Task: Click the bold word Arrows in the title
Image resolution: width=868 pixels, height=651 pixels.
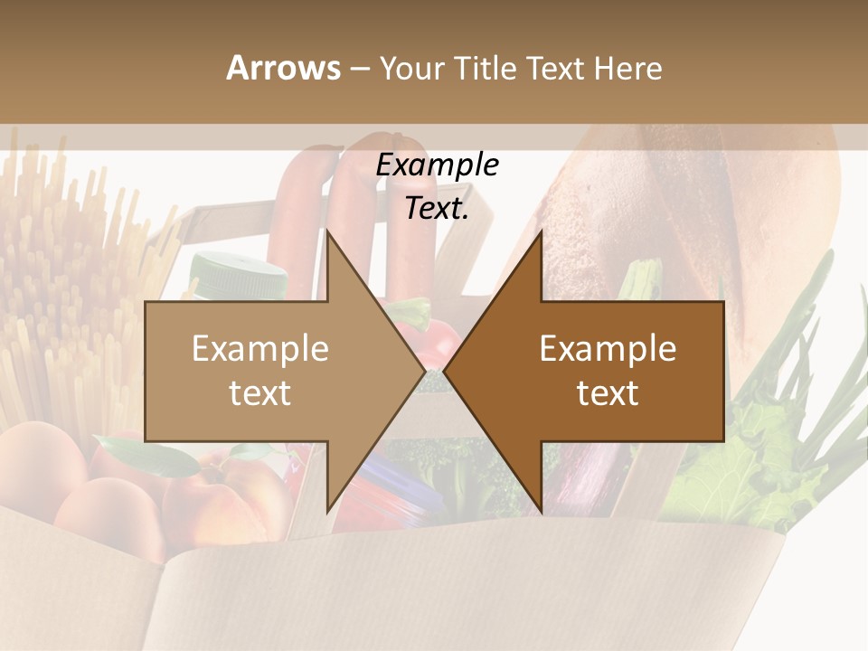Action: tap(283, 68)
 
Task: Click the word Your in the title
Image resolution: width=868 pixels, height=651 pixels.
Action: tap(410, 68)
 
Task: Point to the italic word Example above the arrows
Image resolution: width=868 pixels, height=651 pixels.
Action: tap(437, 165)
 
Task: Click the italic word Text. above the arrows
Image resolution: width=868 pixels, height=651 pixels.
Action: tap(437, 208)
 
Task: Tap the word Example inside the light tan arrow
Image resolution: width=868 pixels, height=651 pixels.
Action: tap(259, 348)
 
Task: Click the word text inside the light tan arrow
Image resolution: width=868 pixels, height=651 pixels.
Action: tap(259, 392)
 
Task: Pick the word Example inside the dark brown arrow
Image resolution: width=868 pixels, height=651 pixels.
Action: tap(608, 348)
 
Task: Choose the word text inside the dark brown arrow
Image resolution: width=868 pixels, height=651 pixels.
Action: tap(608, 392)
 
